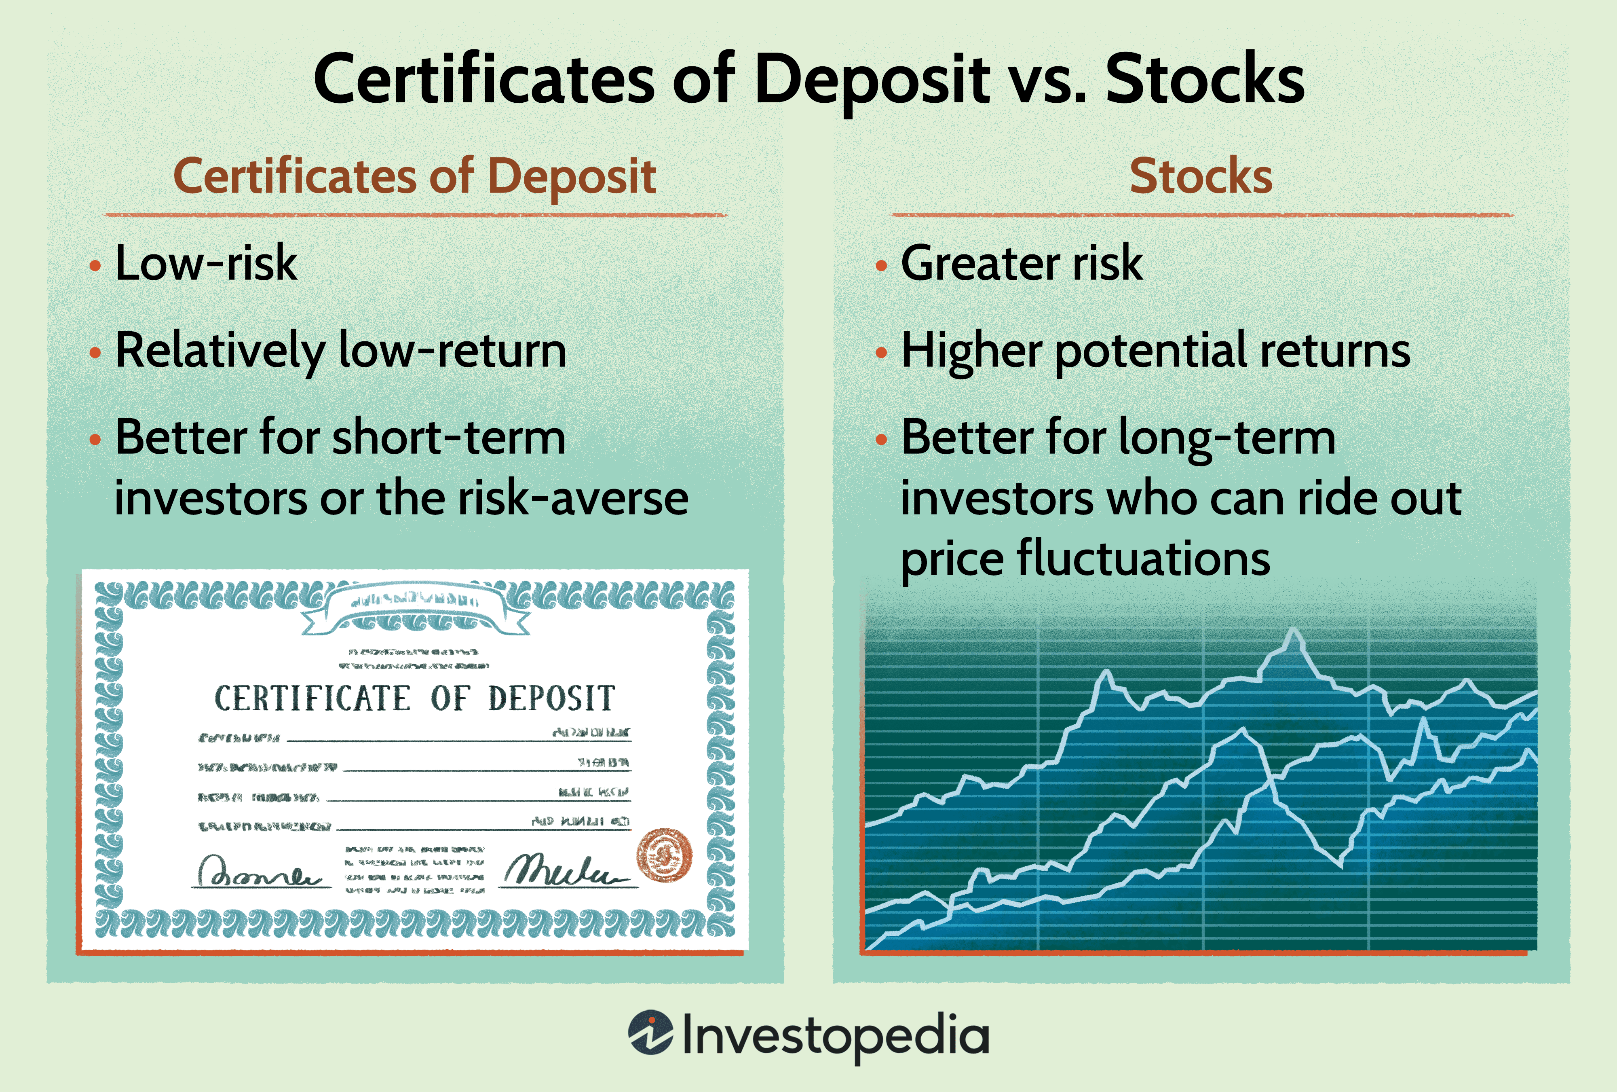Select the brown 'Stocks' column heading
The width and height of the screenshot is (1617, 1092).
click(x=1201, y=176)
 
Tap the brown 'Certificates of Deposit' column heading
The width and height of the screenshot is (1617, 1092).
click(x=415, y=176)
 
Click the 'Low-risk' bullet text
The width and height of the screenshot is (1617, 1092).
click(x=206, y=263)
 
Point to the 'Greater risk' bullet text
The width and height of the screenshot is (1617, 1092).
click(x=1022, y=263)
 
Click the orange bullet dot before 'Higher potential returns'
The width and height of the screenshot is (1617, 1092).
click(x=881, y=353)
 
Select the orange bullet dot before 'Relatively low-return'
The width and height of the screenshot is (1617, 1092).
click(x=95, y=353)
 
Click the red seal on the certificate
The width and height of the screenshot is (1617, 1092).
click(x=665, y=855)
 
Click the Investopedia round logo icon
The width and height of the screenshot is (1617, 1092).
click(x=650, y=1033)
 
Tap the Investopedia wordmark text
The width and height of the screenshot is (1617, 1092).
click(x=835, y=1036)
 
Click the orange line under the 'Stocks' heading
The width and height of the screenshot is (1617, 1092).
click(x=1201, y=215)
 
